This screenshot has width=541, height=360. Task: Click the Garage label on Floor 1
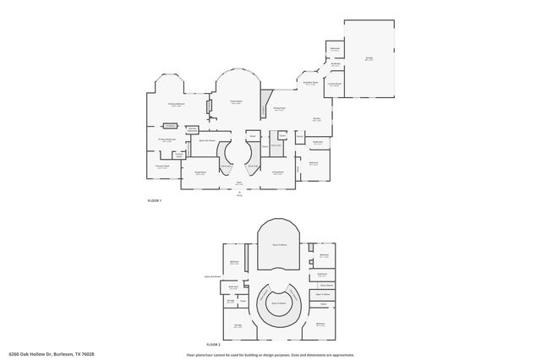click(369, 58)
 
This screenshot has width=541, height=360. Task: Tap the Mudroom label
click(336, 64)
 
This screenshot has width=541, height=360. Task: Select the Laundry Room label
click(335, 84)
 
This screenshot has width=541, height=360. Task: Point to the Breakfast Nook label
click(310, 83)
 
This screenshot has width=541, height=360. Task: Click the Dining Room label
click(279, 109)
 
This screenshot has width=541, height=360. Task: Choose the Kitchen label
click(316, 119)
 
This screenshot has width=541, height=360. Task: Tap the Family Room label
click(238, 101)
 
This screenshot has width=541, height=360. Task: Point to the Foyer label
click(239, 183)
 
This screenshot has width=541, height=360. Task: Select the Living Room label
click(276, 172)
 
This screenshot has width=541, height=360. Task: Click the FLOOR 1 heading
click(154, 200)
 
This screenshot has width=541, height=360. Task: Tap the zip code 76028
click(85, 352)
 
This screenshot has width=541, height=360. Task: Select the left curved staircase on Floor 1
click(226, 155)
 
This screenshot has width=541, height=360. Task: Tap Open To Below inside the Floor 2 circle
click(279, 303)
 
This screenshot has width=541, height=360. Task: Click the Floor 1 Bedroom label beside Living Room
click(314, 162)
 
